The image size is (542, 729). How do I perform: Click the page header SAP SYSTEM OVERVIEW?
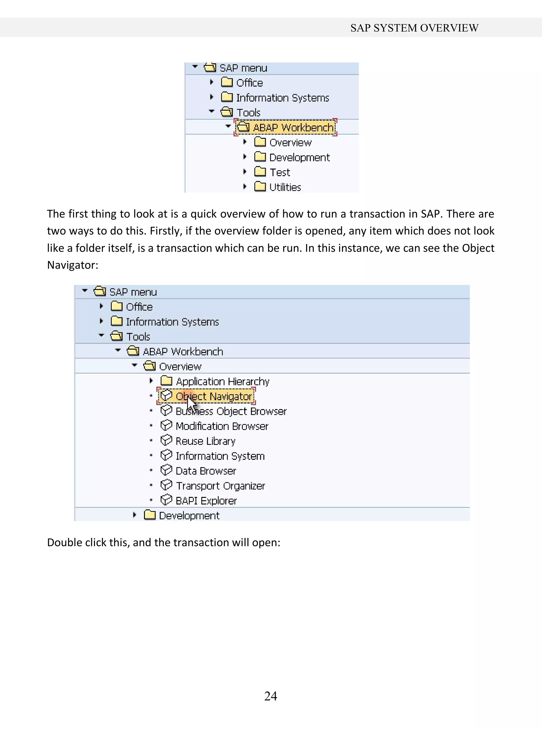pos(414,28)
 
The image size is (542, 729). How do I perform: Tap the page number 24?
pos(271,696)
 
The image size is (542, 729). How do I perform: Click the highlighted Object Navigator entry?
pos(214,396)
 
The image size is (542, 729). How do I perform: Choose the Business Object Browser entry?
pos(231,411)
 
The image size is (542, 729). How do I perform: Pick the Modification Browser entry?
pos(222,426)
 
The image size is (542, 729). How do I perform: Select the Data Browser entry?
pos(206,471)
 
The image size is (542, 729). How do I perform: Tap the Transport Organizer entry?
pos(220,486)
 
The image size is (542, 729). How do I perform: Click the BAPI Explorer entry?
pos(206,501)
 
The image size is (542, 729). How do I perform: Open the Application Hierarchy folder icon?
pos(166,381)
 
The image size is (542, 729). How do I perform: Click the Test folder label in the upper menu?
pos(280,172)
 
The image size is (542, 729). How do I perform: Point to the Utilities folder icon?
pos(260,186)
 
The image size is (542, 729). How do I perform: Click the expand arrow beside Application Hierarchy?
pos(151,380)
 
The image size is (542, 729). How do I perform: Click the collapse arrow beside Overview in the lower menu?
pos(134,365)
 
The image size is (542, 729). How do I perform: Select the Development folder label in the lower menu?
pos(189,516)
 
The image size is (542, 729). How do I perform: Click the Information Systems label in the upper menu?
pos(282,98)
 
